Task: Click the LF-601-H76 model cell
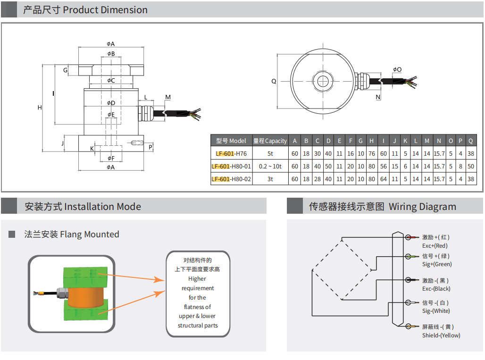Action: (231, 153)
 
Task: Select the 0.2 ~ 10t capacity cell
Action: (270, 167)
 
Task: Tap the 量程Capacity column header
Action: (270, 141)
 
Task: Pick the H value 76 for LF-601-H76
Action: (371, 153)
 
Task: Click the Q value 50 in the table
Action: (470, 167)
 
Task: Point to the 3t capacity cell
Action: (270, 179)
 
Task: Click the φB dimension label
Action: (111, 54)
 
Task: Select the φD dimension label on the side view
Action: (111, 103)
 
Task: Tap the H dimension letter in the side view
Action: (40, 108)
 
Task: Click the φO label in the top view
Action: (397, 69)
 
